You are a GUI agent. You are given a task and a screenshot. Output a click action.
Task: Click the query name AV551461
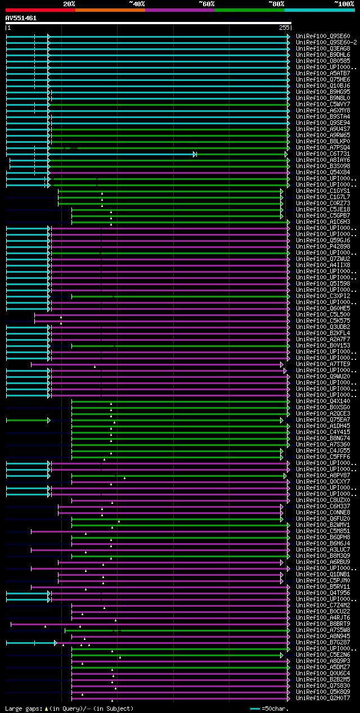21,18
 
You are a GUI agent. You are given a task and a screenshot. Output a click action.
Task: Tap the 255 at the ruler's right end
283,28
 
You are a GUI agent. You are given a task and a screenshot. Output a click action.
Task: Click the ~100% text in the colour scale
344,3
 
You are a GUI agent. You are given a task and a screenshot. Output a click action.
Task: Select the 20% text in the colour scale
69,3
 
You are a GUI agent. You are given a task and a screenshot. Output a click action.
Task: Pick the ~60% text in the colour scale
206,3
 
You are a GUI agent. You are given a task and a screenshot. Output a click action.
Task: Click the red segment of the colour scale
40,10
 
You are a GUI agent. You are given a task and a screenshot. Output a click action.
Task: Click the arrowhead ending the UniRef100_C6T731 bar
195,154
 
